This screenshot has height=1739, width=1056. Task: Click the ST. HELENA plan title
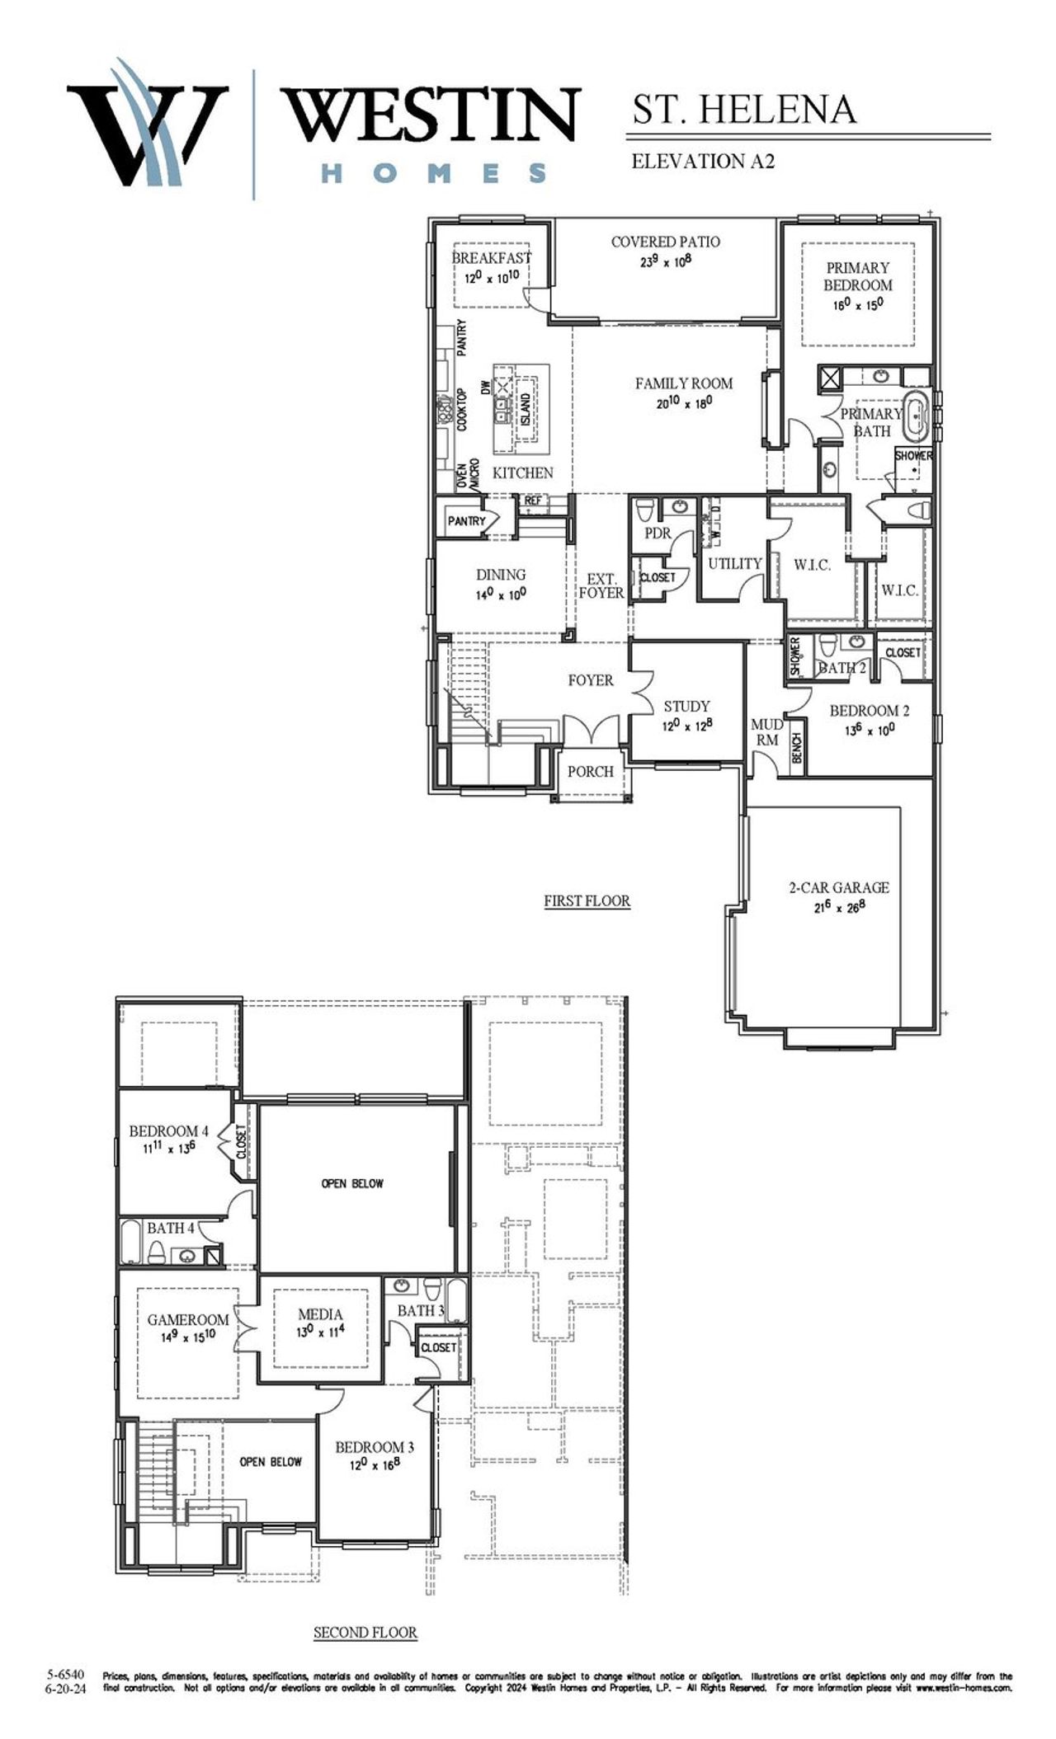pos(744,110)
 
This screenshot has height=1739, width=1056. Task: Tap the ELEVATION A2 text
pos(702,162)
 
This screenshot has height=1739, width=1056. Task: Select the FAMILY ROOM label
pos(683,383)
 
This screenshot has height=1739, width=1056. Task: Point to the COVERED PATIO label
pos(665,242)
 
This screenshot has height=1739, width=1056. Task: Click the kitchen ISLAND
pos(525,409)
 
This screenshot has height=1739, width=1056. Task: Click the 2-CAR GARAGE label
pos(839,887)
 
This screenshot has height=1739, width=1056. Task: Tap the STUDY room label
pos(686,706)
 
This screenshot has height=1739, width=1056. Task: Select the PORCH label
pos(591,771)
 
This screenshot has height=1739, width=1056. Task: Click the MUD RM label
pos(767,731)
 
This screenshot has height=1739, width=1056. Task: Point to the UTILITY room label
pos(734,563)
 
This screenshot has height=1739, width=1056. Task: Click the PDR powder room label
pos(658,533)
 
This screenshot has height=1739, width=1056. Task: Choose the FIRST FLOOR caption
pos(587,900)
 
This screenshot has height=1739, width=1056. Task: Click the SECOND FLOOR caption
pos(365,1632)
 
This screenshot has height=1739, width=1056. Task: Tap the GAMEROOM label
pos(188,1319)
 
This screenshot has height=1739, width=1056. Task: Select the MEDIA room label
pos(320,1314)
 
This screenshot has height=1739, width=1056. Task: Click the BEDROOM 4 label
pos(163,1131)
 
